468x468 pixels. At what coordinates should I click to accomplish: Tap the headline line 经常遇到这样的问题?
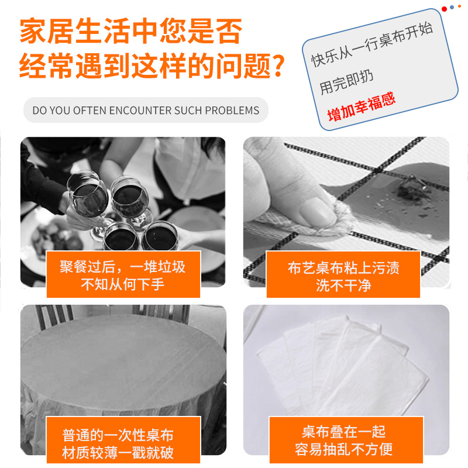tap(152, 66)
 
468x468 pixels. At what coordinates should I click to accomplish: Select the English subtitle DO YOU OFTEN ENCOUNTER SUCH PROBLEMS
tap(146, 110)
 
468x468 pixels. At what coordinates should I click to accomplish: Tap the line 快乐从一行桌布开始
tap(371, 46)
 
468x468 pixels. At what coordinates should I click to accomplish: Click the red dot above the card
tap(445, 9)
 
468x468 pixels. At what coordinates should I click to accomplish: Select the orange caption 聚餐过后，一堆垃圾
tap(123, 267)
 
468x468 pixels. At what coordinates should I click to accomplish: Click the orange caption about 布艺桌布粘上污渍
tap(343, 268)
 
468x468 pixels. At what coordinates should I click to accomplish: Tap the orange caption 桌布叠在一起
tap(344, 432)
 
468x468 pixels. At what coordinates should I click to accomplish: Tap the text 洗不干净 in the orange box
tap(343, 286)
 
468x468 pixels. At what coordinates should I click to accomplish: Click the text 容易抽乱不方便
tap(344, 450)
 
